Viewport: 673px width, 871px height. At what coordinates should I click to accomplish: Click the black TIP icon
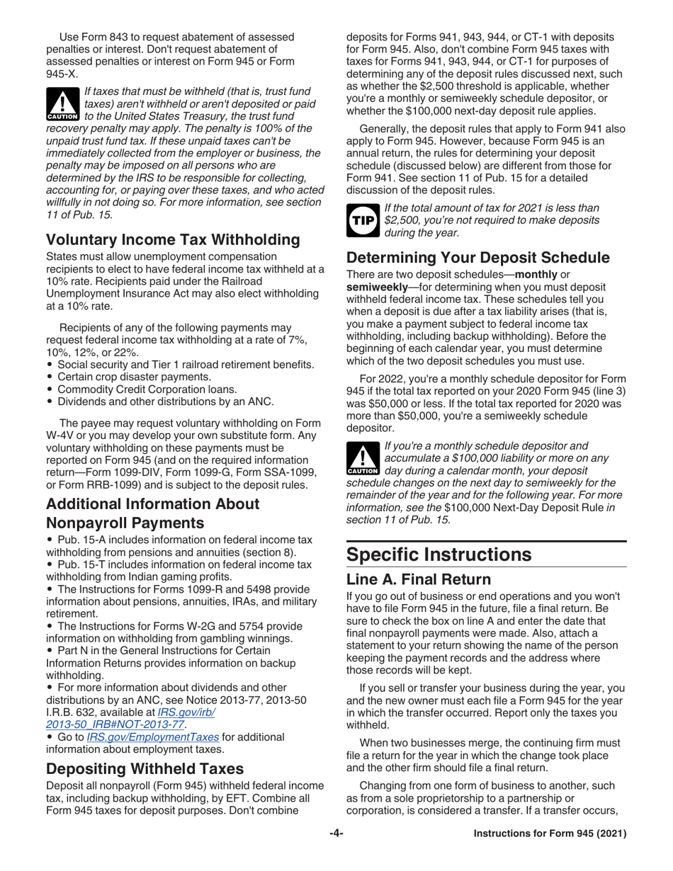coord(362,220)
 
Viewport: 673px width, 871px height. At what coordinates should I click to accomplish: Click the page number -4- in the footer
coord(336,834)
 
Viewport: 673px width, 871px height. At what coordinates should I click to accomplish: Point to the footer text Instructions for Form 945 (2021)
coord(550,834)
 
